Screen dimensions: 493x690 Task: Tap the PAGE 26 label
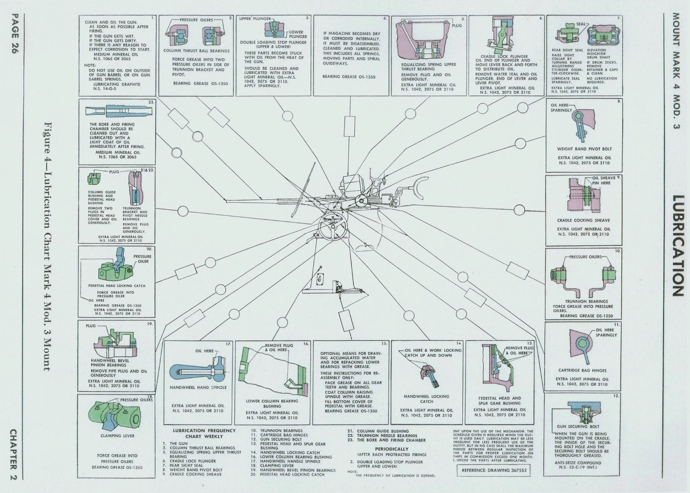15,34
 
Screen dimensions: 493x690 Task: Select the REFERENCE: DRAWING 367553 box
494,470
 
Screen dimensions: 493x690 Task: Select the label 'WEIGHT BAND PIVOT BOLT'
584,149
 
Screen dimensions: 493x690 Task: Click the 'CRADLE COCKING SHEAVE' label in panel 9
583,220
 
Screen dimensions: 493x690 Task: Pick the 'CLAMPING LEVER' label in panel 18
117,436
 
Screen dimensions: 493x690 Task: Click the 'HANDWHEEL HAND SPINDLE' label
198,387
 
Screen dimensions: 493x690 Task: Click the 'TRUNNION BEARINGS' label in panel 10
586,301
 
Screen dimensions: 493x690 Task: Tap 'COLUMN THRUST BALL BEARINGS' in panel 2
196,51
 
